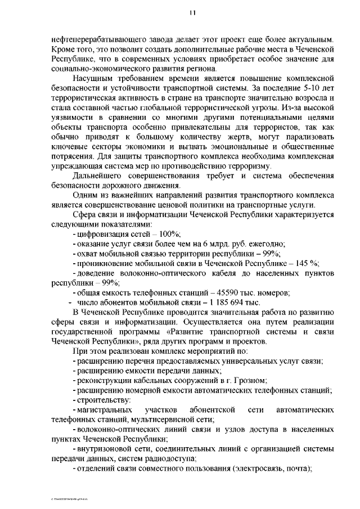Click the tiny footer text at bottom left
coord(70,498)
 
